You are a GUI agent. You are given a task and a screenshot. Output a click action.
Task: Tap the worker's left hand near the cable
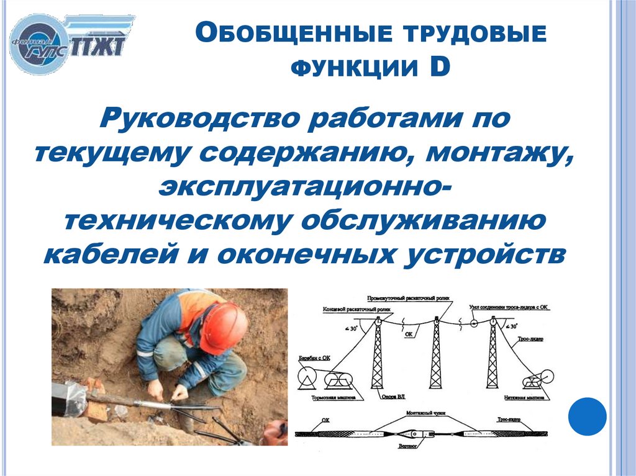[x=179, y=392]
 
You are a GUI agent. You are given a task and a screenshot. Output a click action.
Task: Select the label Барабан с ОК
[x=314, y=358]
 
